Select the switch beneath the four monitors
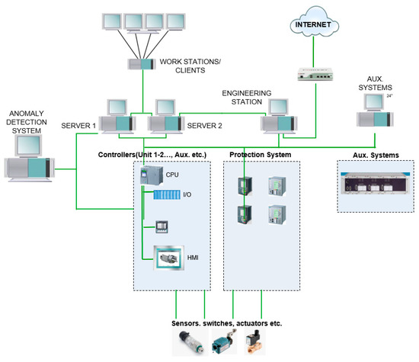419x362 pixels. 141,65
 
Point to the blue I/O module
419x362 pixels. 168,196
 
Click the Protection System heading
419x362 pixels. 259,154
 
